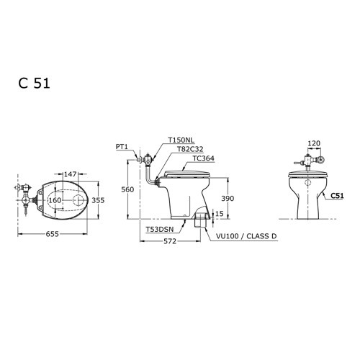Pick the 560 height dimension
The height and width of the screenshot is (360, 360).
pos(127,189)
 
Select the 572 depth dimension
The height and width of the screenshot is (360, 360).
pos(169,242)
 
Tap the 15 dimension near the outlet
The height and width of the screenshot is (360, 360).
pos(219,213)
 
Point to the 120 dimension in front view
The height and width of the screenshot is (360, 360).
pos(312,144)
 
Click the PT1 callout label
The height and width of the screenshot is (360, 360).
pos(122,146)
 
